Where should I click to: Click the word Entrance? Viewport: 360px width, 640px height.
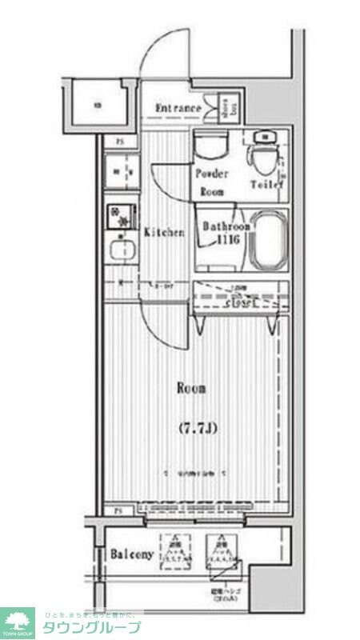(x=177, y=109)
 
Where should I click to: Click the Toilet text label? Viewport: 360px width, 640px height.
(x=266, y=184)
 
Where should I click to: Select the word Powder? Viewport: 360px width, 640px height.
(x=212, y=174)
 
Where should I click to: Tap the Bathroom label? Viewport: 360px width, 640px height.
(x=226, y=226)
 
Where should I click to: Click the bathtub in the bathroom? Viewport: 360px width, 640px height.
(x=268, y=240)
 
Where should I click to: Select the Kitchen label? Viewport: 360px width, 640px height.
(x=165, y=233)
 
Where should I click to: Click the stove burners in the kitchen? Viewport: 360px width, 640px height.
(x=122, y=217)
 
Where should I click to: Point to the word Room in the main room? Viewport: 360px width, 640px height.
(x=191, y=389)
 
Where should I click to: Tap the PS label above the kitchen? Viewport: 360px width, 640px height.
(x=120, y=143)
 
